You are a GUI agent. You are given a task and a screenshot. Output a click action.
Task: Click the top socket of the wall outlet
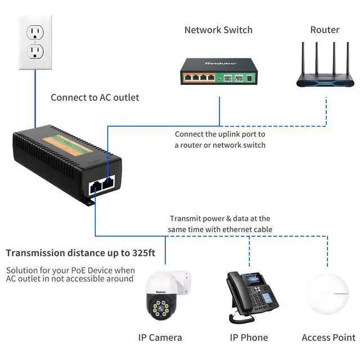pyautogui.click(x=35, y=32)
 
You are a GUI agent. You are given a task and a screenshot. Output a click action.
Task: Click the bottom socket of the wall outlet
pyautogui.click(x=35, y=51)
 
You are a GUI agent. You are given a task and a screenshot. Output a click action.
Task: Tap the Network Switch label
pyautogui.click(x=218, y=30)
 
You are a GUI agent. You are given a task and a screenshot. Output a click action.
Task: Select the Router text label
pyautogui.click(x=325, y=30)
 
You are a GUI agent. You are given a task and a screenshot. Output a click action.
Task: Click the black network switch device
pyautogui.click(x=219, y=71)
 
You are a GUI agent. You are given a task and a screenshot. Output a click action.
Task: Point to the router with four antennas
pyautogui.click(x=325, y=65)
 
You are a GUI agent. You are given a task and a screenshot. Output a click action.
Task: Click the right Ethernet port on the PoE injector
pyautogui.click(x=109, y=182)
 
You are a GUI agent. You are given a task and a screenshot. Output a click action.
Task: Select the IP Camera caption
pyautogui.click(x=160, y=337)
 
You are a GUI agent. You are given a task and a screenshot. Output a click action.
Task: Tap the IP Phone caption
pyautogui.click(x=249, y=337)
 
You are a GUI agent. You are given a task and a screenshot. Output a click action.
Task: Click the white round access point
pyautogui.click(x=328, y=294)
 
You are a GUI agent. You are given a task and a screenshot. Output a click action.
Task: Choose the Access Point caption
pyautogui.click(x=328, y=337)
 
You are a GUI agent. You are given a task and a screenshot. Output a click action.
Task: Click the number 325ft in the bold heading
pyautogui.click(x=143, y=253)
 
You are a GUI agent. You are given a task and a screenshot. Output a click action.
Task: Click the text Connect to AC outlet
pyautogui.click(x=95, y=97)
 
